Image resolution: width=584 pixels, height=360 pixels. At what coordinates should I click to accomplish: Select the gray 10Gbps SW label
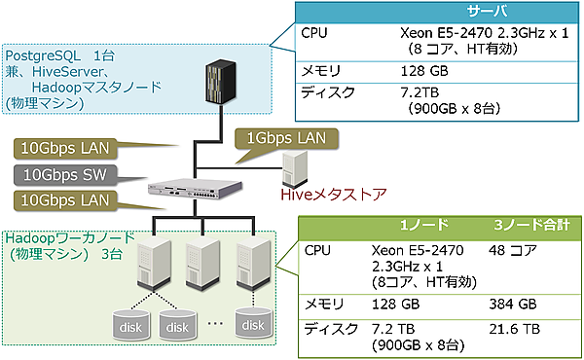tap(66, 175)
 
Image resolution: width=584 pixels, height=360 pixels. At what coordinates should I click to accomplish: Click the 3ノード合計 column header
tap(529, 224)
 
